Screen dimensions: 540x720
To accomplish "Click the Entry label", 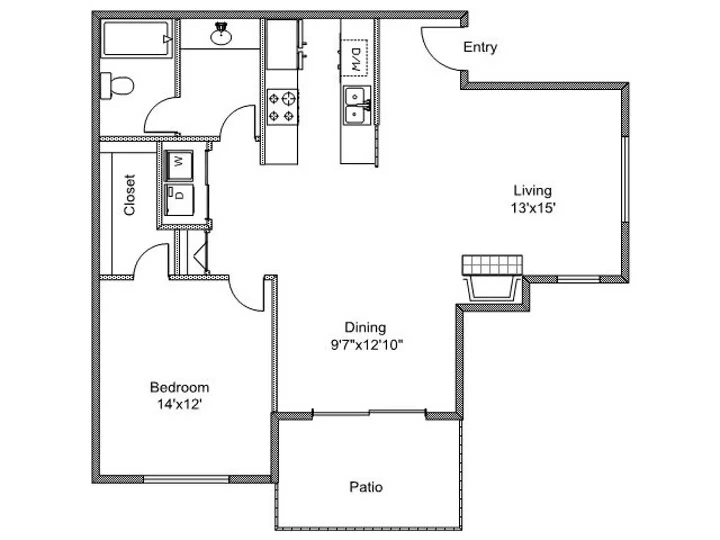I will [x=480, y=47].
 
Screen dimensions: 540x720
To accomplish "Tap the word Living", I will [x=533, y=190].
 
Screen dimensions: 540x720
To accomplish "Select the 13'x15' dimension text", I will [x=533, y=208].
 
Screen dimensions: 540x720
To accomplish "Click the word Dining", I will [x=365, y=327].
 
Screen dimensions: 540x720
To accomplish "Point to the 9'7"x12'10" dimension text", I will [x=366, y=345].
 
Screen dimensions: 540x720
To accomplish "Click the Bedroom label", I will [x=179, y=387].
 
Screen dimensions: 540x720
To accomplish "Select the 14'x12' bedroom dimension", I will [x=179, y=404].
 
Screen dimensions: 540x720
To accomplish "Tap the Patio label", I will [x=366, y=487].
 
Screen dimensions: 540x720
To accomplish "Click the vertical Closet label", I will [x=129, y=195].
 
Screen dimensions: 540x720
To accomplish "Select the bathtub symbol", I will [x=137, y=38].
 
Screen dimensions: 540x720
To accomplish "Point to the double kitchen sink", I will [x=357, y=105].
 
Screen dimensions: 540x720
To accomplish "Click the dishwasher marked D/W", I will [x=355, y=57].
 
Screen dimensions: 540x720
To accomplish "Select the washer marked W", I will [x=179, y=164].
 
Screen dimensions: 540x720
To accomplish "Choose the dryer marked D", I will [x=179, y=199].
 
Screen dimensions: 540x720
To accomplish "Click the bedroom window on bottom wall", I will [x=186, y=480].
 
